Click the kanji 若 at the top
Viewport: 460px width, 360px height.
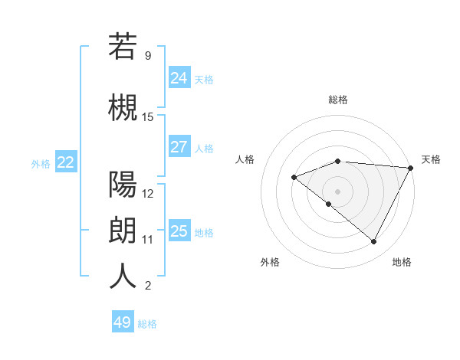click(x=123, y=47)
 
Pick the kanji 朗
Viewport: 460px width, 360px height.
click(x=123, y=230)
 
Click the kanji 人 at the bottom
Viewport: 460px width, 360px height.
click(x=123, y=276)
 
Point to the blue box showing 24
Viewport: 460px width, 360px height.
click(x=179, y=77)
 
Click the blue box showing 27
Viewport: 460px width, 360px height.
click(x=179, y=147)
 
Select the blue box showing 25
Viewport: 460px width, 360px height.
click(x=179, y=231)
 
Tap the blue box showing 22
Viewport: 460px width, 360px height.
click(x=66, y=162)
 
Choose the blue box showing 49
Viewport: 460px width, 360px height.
click(x=123, y=322)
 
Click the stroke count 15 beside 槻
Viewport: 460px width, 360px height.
click(x=148, y=117)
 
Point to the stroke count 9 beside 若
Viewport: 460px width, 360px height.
click(x=148, y=56)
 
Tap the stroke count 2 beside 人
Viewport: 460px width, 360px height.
click(x=148, y=286)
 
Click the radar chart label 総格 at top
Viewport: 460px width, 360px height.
click(x=338, y=100)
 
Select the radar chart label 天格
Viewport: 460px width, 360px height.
click(x=431, y=159)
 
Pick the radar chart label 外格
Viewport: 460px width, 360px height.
click(x=270, y=262)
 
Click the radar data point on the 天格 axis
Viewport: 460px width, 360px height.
click(x=411, y=168)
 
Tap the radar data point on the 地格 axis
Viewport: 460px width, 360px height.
click(x=374, y=242)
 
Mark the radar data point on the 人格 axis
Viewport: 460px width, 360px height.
click(x=294, y=177)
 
